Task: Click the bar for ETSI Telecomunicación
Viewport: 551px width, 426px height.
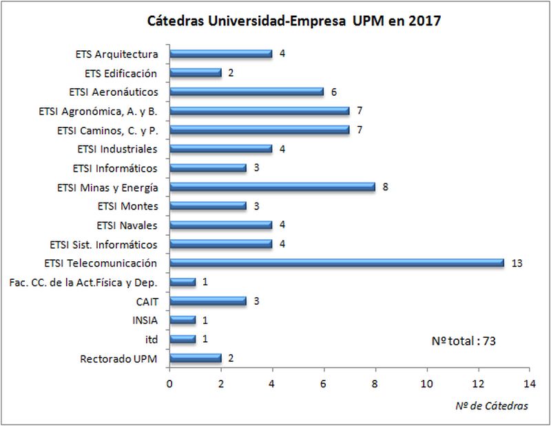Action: pos(337,263)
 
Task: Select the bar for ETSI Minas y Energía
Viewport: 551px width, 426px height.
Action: pos(272,187)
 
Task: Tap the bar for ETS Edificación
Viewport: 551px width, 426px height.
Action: pos(195,72)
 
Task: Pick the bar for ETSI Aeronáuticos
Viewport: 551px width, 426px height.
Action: pos(247,92)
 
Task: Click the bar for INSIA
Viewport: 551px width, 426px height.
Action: pos(183,319)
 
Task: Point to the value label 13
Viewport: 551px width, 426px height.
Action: pos(517,263)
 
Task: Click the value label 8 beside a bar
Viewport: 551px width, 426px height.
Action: pos(386,187)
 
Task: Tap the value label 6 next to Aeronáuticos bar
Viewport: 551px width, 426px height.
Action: pos(334,92)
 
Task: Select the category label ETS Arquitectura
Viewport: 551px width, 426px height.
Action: pos(117,54)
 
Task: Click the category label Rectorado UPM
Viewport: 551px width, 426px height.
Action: pos(119,358)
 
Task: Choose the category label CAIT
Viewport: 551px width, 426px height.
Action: pos(147,301)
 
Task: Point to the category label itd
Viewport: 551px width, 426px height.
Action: pos(152,338)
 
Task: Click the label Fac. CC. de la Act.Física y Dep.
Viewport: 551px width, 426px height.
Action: pos(83,282)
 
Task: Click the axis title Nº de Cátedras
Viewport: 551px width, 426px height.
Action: pos(492,406)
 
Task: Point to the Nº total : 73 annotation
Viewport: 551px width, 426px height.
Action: pos(464,341)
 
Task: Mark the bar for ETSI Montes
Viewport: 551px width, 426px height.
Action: pos(208,205)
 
